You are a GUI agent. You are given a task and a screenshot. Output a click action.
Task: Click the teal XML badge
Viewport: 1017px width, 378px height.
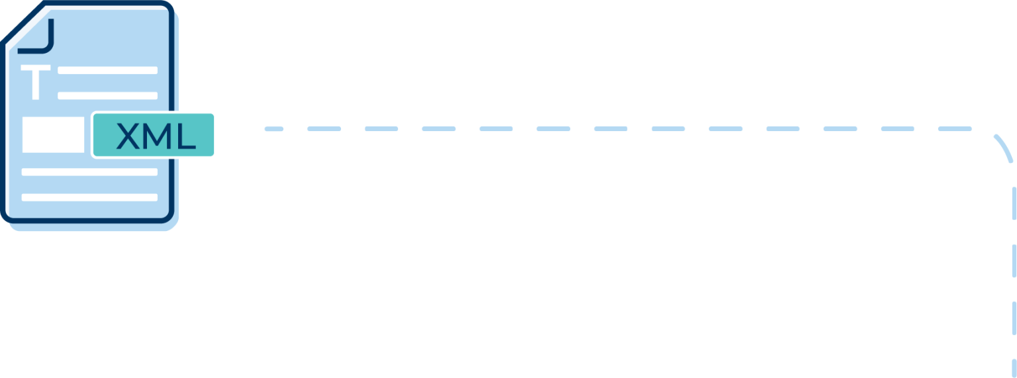pyautogui.click(x=154, y=135)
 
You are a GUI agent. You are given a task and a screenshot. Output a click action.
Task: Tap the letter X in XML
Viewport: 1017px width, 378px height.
pyautogui.click(x=128, y=136)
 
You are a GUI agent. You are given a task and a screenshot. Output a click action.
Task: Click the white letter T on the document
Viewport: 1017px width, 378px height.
pyautogui.click(x=35, y=82)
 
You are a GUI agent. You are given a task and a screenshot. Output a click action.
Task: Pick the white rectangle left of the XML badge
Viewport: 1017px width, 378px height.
pyautogui.click(x=53, y=135)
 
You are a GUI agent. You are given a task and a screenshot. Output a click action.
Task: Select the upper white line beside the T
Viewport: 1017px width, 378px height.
pyautogui.click(x=108, y=70)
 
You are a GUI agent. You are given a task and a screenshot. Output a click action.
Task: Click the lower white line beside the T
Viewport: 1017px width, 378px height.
pyautogui.click(x=108, y=96)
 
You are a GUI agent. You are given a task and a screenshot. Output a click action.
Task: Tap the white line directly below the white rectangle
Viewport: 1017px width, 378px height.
pyautogui.click(x=89, y=172)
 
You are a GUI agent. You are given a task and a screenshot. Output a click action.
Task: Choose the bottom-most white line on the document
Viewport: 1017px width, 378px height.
pyautogui.click(x=89, y=197)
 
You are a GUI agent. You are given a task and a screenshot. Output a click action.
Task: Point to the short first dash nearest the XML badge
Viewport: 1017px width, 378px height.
pyautogui.click(x=274, y=129)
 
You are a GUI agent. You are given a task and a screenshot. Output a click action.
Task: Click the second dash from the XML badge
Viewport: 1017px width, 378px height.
pyautogui.click(x=324, y=129)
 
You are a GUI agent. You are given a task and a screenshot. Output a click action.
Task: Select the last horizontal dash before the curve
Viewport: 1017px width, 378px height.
pyautogui.click(x=955, y=129)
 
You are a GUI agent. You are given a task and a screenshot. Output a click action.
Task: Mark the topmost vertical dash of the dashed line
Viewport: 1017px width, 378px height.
pyautogui.click(x=1014, y=203)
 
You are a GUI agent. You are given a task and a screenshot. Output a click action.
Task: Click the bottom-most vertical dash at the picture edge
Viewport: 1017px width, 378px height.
pyautogui.click(x=1014, y=369)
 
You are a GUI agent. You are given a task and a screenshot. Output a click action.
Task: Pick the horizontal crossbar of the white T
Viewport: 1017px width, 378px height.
pyautogui.click(x=35, y=68)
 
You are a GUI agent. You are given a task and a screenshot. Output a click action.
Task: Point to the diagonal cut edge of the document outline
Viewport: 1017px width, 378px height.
pyautogui.click(x=23, y=22)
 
